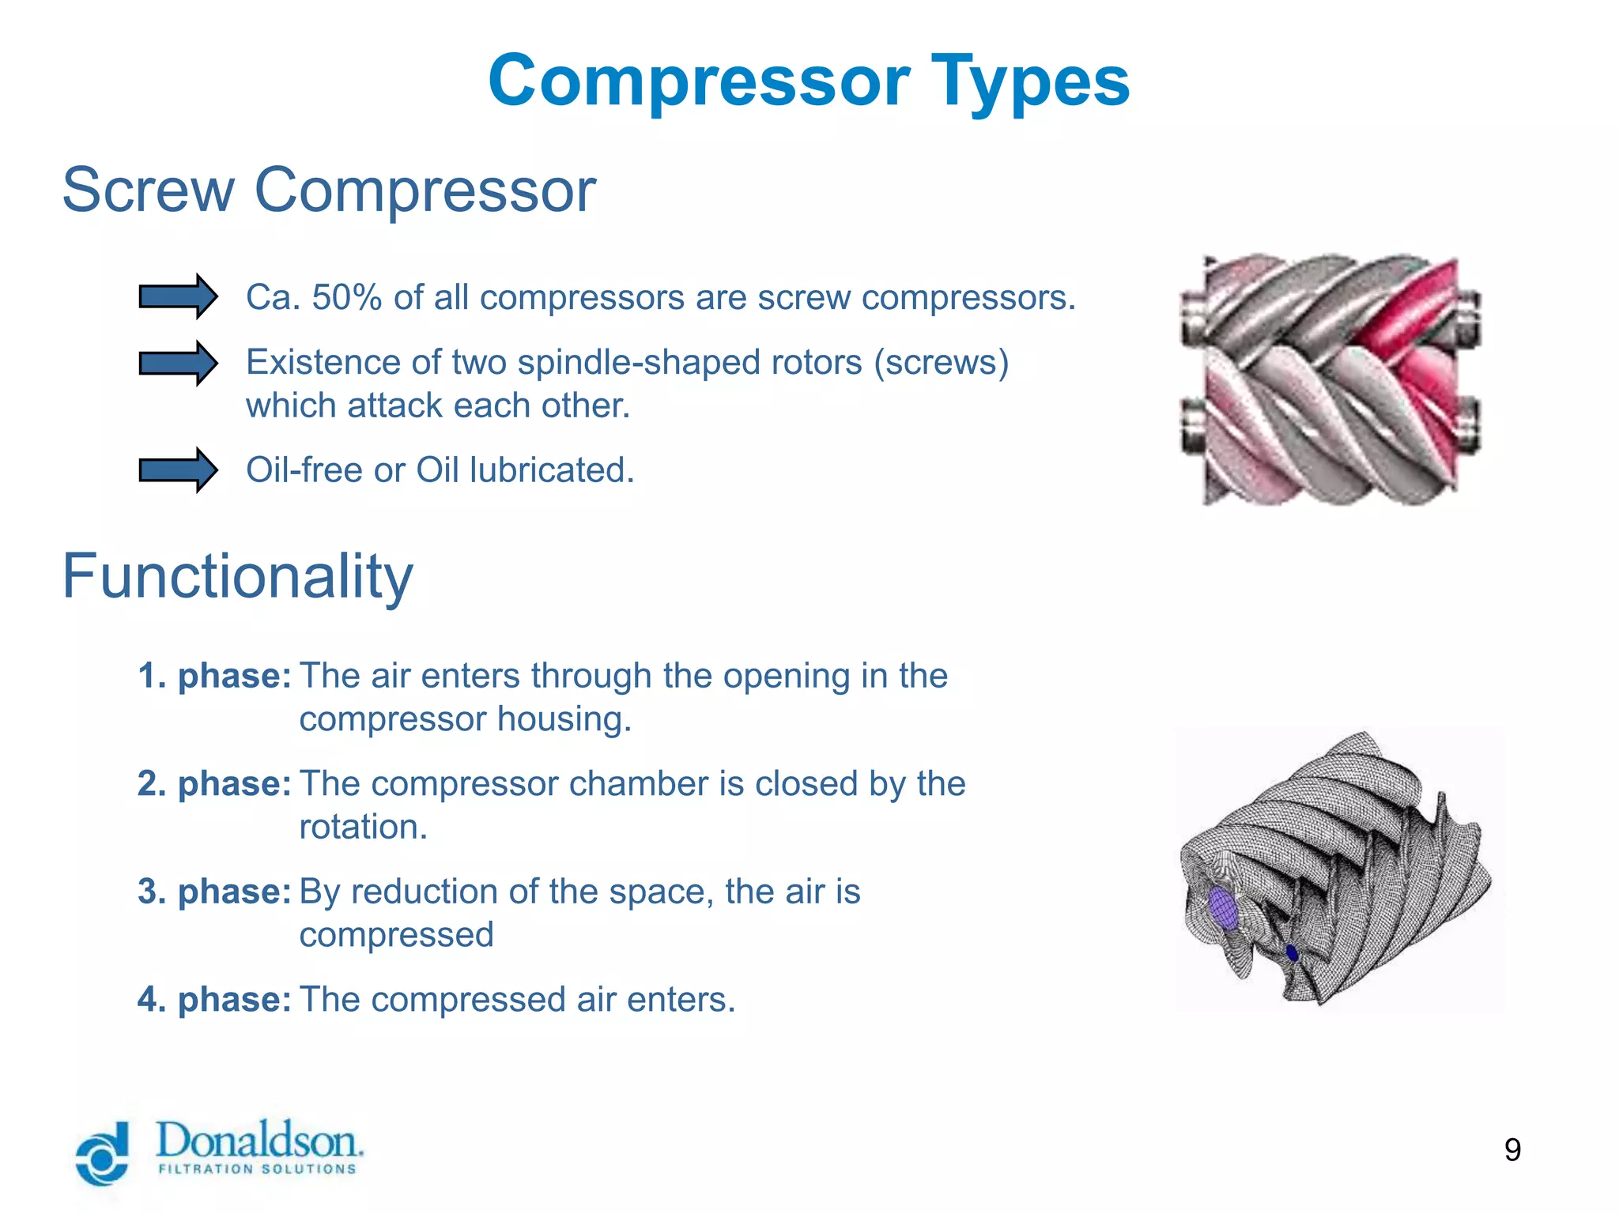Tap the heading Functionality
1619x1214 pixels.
[237, 576]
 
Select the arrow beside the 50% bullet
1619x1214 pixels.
[178, 297]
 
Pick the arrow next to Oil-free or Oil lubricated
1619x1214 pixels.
[178, 470]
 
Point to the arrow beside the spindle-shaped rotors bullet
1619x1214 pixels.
[178, 364]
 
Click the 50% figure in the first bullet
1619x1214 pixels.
[346, 298]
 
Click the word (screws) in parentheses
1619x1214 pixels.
[941, 363]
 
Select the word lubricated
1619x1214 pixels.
[552, 470]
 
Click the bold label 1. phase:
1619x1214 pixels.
[214, 677]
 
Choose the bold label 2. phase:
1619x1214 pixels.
[214, 784]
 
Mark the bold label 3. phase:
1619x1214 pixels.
[214, 892]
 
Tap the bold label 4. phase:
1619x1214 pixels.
[214, 1000]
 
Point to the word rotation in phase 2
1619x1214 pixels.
[363, 828]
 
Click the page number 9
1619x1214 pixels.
[1512, 1150]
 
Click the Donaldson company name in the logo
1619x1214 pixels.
[259, 1140]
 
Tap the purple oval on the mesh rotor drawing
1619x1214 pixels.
[1222, 908]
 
